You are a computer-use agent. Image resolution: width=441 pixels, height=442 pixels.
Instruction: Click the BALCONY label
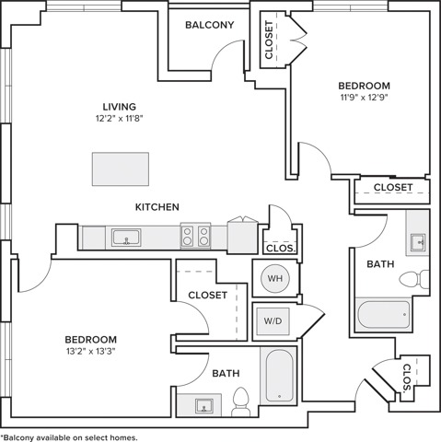210,25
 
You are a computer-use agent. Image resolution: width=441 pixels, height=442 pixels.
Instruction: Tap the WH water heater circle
274,278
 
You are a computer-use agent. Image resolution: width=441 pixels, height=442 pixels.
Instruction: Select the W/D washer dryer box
273,321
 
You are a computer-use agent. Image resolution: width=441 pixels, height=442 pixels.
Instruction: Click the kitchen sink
126,238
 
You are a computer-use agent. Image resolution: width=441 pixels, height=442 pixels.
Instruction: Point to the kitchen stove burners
195,236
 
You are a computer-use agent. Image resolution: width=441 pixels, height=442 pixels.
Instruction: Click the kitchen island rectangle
121,169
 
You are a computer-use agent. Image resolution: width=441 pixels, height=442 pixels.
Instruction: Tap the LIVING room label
120,107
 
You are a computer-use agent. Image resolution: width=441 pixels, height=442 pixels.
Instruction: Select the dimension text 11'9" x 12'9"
365,98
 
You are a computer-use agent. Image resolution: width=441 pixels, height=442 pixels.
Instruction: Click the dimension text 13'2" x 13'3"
91,351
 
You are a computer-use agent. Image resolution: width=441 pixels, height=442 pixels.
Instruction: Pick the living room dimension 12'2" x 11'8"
120,119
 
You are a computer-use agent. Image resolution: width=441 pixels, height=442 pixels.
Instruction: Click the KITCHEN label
157,207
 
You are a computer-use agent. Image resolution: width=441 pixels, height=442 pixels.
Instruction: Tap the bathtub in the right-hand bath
384,314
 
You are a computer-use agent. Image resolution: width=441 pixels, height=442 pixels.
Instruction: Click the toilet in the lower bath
240,401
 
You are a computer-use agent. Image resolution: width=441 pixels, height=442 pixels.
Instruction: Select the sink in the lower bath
204,405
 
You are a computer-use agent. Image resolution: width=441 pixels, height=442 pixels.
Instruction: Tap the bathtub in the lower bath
279,376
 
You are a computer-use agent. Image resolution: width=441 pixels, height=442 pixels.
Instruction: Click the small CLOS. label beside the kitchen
281,249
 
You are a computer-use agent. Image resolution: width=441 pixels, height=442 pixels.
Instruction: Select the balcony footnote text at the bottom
69,437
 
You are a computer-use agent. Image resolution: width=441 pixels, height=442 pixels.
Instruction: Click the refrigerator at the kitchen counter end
243,237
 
